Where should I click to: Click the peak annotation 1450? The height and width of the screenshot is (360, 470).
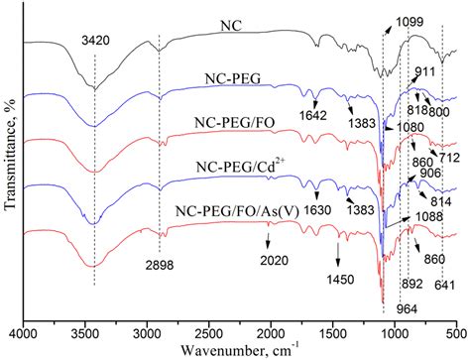click(339, 281)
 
